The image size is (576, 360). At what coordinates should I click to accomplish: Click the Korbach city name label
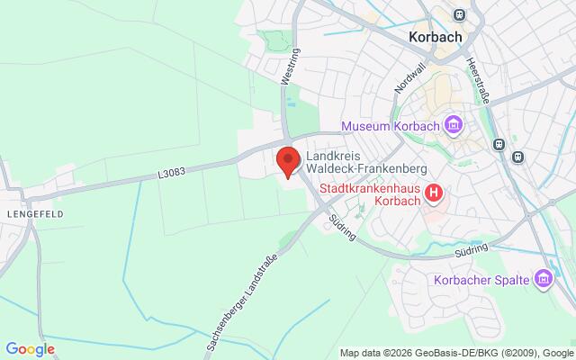point(435,38)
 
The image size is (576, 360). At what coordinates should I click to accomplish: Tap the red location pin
point(287,160)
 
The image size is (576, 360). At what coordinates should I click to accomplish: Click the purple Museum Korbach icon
point(454,124)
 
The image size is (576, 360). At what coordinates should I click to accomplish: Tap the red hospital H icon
point(435,192)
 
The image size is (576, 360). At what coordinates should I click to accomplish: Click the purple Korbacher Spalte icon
point(543,281)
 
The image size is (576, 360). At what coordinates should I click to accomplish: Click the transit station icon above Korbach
point(461,15)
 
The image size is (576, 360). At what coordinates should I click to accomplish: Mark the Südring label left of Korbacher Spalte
point(472,247)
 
